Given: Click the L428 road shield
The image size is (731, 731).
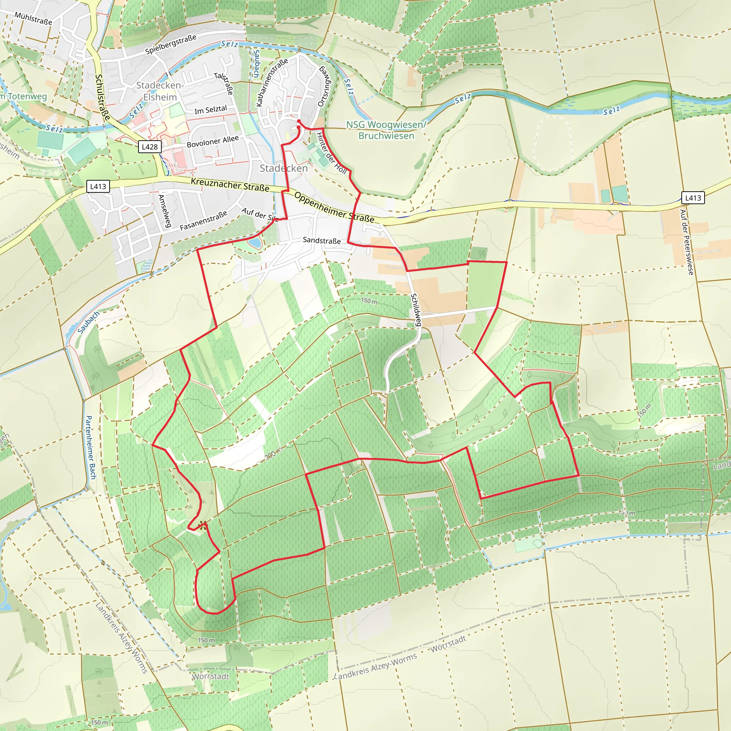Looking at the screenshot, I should coord(150,147).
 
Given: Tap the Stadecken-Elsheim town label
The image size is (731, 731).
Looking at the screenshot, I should coord(160,91).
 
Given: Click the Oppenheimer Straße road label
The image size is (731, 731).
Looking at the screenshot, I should coord(334,208).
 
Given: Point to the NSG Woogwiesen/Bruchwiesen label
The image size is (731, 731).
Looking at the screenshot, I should coord(386,130).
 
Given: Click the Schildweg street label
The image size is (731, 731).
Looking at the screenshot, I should coord(416,310).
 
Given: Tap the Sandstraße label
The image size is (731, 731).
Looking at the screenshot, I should coord(322,241).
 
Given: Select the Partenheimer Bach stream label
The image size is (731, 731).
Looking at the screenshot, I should coord(91,447).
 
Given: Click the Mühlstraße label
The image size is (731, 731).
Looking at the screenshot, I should coord(33,18).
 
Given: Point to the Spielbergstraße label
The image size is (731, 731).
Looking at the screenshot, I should coord(171,44).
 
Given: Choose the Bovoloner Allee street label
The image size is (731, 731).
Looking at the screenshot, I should coord(213,141).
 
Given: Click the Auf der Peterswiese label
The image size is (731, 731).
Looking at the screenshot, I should coord(687,242).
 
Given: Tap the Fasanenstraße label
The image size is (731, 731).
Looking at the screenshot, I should coord(203,221).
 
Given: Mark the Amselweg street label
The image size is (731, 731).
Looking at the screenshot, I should coord(165,211).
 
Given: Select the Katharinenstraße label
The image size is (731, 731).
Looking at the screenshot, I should coord(272,82).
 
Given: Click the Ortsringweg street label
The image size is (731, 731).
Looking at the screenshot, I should coord(324,87).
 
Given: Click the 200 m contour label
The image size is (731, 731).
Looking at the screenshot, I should coord(273,453).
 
